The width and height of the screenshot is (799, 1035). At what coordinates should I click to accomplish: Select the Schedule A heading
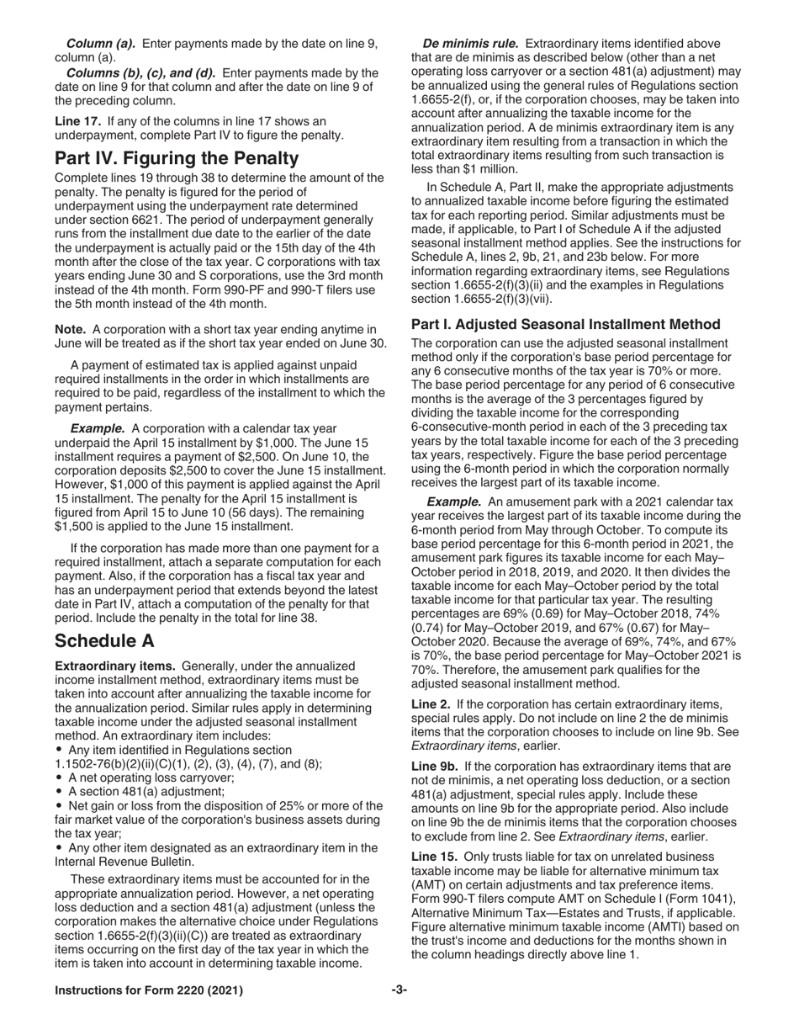tap(104, 617)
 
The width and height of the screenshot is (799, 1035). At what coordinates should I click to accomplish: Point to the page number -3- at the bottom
tap(399, 990)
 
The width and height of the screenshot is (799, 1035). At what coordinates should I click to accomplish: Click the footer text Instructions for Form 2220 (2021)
tap(149, 990)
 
